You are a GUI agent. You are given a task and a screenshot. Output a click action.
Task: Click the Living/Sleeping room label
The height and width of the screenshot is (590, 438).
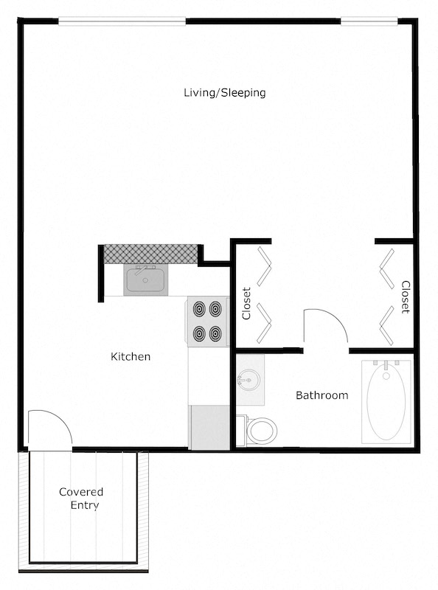[x=224, y=93]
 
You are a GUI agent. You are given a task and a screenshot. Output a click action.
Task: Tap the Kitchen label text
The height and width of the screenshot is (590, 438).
[x=131, y=357]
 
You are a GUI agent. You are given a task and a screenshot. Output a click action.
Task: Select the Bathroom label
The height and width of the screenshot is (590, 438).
[x=321, y=395]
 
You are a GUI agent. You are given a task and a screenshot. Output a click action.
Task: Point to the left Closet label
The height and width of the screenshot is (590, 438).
[x=247, y=303]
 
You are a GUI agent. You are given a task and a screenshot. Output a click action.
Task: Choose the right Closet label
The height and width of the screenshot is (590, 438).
[x=405, y=296]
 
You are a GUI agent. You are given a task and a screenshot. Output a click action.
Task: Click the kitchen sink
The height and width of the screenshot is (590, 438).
[x=145, y=280]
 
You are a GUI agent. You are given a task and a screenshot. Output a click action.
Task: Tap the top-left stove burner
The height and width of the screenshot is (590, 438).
[x=199, y=308]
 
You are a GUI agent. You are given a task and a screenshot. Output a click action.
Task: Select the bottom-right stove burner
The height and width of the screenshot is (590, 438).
[x=217, y=334]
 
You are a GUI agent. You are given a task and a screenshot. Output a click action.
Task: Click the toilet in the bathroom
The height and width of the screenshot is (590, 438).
[x=259, y=429]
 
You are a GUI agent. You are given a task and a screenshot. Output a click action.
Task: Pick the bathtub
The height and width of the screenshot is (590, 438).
[x=386, y=401]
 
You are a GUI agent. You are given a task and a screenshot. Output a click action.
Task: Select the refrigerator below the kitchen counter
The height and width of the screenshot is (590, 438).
[x=209, y=427]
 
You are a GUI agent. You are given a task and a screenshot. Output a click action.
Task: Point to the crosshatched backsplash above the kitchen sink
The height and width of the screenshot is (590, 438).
[x=151, y=253]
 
